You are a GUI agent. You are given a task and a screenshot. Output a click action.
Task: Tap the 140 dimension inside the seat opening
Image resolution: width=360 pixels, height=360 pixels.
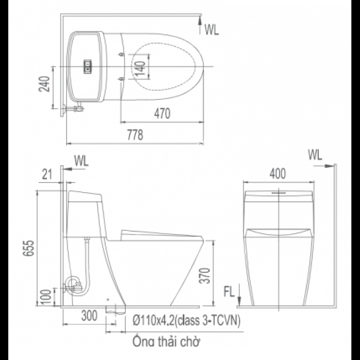click(141, 66)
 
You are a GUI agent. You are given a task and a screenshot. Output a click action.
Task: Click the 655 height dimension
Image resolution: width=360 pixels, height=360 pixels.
click(30, 248)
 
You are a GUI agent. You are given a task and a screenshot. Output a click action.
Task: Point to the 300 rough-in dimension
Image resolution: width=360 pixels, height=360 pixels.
click(89, 316)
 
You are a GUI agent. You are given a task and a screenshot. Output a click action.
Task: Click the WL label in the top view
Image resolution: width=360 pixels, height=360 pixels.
click(212, 30)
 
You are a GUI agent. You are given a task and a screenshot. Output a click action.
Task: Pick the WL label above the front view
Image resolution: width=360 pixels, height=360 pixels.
click(315, 155)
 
